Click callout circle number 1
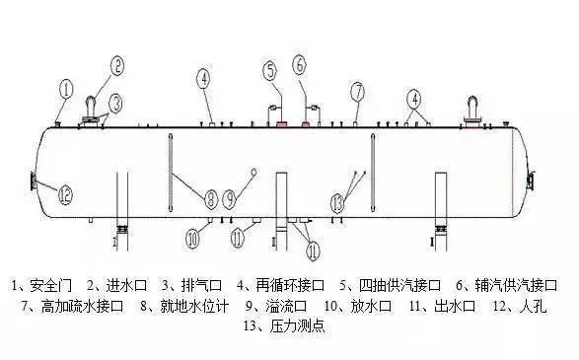[x=66, y=89]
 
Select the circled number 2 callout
[x=117, y=66]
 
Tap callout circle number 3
[x=116, y=101]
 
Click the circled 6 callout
[x=300, y=65]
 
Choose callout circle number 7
[x=356, y=92]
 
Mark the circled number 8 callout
[x=210, y=198]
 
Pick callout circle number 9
[x=230, y=198]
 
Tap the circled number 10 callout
[x=193, y=237]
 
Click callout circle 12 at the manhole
[x=65, y=195]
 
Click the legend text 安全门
[x=48, y=287]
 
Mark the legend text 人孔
[x=537, y=306]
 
